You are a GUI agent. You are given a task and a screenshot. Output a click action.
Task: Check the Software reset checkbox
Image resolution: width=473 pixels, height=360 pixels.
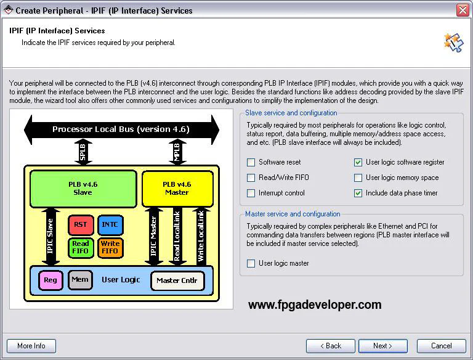click(251, 163)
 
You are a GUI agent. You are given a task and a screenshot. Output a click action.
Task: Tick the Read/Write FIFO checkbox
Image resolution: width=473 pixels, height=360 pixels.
click(251, 178)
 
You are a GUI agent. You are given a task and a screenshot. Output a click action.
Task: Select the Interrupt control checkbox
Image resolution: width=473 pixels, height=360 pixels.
click(251, 194)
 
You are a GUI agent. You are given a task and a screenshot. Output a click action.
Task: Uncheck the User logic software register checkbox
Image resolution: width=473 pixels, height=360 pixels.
click(358, 163)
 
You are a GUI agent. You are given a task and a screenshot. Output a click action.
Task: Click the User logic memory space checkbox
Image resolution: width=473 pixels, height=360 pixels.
click(358, 178)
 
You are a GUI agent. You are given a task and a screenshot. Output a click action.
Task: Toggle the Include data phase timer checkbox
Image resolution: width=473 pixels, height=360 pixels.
click(358, 194)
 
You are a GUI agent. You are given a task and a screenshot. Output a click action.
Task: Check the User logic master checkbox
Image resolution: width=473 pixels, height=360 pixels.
click(251, 264)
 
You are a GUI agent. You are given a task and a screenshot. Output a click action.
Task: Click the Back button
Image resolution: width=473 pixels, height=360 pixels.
click(331, 346)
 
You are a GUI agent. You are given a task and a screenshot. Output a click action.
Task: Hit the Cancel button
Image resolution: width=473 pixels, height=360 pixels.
click(441, 346)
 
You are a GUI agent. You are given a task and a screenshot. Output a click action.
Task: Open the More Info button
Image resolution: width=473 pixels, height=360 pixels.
click(31, 346)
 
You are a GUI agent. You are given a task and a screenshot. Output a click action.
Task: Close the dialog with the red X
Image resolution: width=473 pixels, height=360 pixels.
click(463, 10)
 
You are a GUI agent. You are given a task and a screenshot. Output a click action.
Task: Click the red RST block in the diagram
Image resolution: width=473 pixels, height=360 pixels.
click(80, 225)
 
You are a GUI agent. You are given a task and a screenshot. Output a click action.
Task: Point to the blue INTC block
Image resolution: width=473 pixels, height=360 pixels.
click(110, 225)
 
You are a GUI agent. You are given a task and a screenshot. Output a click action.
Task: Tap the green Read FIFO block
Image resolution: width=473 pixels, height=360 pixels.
click(80, 247)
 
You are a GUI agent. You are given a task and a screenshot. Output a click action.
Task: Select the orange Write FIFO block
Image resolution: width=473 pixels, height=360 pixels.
click(110, 247)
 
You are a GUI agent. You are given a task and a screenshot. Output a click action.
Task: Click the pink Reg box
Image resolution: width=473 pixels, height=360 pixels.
click(51, 280)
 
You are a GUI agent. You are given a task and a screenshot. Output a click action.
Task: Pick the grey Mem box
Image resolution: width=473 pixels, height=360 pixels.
click(80, 280)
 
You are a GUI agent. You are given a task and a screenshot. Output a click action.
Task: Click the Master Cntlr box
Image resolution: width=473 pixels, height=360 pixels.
click(177, 280)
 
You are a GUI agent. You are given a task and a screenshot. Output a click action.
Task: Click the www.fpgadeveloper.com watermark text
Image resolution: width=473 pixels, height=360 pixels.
click(315, 305)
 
